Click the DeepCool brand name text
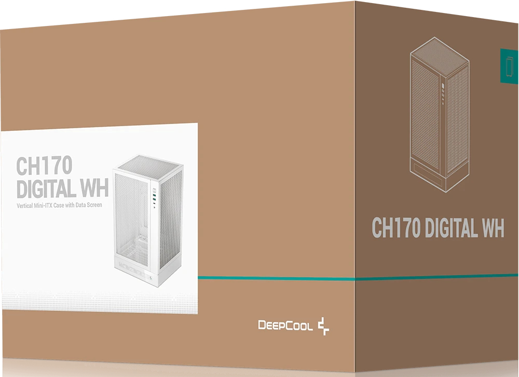pos(285,326)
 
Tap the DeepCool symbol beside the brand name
pos(324,326)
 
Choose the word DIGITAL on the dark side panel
pos(450,228)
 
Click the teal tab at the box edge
pos(509,65)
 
